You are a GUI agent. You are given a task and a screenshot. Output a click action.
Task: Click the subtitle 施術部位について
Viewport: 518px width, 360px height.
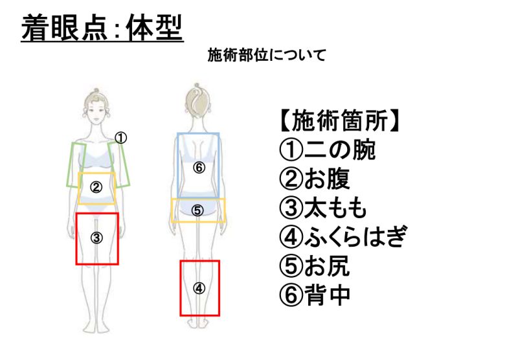click(266, 55)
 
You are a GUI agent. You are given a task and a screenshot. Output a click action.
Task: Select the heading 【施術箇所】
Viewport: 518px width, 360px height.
click(338, 121)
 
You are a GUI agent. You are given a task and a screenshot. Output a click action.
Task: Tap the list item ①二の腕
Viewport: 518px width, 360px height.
click(327, 151)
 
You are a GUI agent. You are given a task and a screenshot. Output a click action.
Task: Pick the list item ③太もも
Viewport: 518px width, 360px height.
click(323, 208)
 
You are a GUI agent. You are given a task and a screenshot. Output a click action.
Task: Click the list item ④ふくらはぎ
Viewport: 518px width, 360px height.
click(343, 237)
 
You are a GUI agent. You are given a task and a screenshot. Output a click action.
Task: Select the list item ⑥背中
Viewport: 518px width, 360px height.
click(314, 295)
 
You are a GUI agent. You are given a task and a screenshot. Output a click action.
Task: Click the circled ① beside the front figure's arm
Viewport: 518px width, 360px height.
click(121, 137)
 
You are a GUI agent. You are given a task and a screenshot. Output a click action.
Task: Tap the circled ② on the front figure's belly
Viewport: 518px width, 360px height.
click(96, 188)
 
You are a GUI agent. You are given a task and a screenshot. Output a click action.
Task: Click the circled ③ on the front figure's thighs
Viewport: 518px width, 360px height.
click(96, 238)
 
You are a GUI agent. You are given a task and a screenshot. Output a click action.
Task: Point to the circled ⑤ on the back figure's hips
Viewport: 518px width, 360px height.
click(198, 210)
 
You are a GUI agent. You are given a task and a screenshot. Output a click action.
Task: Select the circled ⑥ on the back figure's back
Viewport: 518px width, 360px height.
click(198, 168)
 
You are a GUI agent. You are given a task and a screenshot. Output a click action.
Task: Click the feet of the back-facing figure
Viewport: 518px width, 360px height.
click(199, 322)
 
